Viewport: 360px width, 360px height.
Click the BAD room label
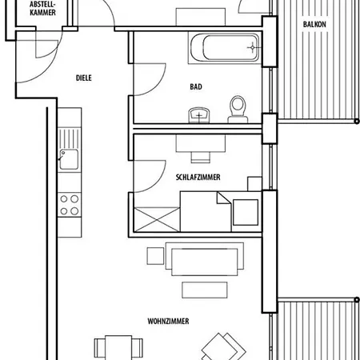pyautogui.click(x=196, y=86)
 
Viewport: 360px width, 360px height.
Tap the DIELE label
pyautogui.click(x=84, y=78)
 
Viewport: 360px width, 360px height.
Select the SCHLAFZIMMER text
pyautogui.click(x=198, y=178)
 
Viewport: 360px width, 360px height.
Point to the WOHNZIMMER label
pyautogui.click(x=168, y=321)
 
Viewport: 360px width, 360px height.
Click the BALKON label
pyautogui.click(x=314, y=25)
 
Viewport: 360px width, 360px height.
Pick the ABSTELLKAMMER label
pyautogui.click(x=42, y=8)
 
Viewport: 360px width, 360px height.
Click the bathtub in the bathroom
pyautogui.click(x=225, y=48)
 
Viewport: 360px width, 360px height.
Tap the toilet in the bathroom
pyautogui.click(x=238, y=110)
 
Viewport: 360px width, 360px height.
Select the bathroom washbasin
pyautogui.click(x=199, y=115)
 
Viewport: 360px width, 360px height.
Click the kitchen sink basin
pyautogui.click(x=69, y=159)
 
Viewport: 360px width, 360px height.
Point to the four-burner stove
pyautogui.click(x=70, y=205)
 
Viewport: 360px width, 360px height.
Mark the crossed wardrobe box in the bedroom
pyautogui.click(x=157, y=219)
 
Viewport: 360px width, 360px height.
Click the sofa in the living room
pyautogui.click(x=205, y=259)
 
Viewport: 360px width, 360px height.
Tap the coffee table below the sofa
pyautogui.click(x=205, y=290)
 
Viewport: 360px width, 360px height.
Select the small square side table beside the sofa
pyautogui.click(x=155, y=256)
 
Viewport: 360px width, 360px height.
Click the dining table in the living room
pyautogui.click(x=118, y=347)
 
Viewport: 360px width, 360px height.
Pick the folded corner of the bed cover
pyautogui.click(x=224, y=198)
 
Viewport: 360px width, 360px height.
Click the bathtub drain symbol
pyautogui.click(x=253, y=48)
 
